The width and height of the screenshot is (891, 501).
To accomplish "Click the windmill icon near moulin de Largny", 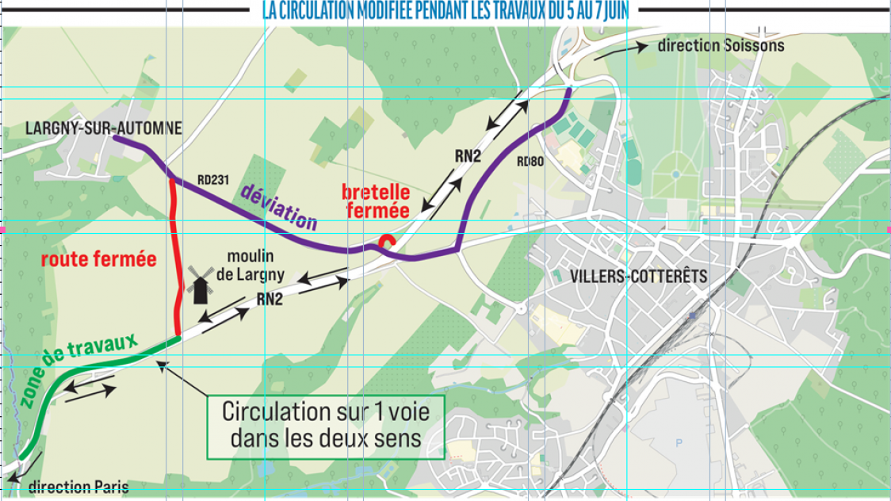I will point(200,285).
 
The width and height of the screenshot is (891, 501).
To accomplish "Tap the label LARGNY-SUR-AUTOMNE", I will point(104,128).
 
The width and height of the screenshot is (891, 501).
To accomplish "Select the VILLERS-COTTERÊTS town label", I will point(638,277).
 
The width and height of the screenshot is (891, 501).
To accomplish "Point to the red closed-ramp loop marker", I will point(386,243).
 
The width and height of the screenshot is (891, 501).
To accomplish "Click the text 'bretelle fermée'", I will point(375,201).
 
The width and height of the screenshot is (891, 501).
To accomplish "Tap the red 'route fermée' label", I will point(98,259).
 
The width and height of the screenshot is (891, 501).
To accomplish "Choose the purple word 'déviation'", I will point(277,207).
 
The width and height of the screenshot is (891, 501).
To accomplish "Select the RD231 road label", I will point(213,180).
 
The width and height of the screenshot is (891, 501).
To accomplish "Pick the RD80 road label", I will point(531,161).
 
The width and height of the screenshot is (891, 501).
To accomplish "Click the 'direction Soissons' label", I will point(721,45).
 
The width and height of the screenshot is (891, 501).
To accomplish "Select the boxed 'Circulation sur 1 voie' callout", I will point(326,426).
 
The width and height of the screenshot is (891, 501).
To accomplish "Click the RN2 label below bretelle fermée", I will point(468,156).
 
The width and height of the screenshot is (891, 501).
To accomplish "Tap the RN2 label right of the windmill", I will point(270,299).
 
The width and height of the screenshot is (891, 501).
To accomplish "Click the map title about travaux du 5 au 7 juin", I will point(450,12).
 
